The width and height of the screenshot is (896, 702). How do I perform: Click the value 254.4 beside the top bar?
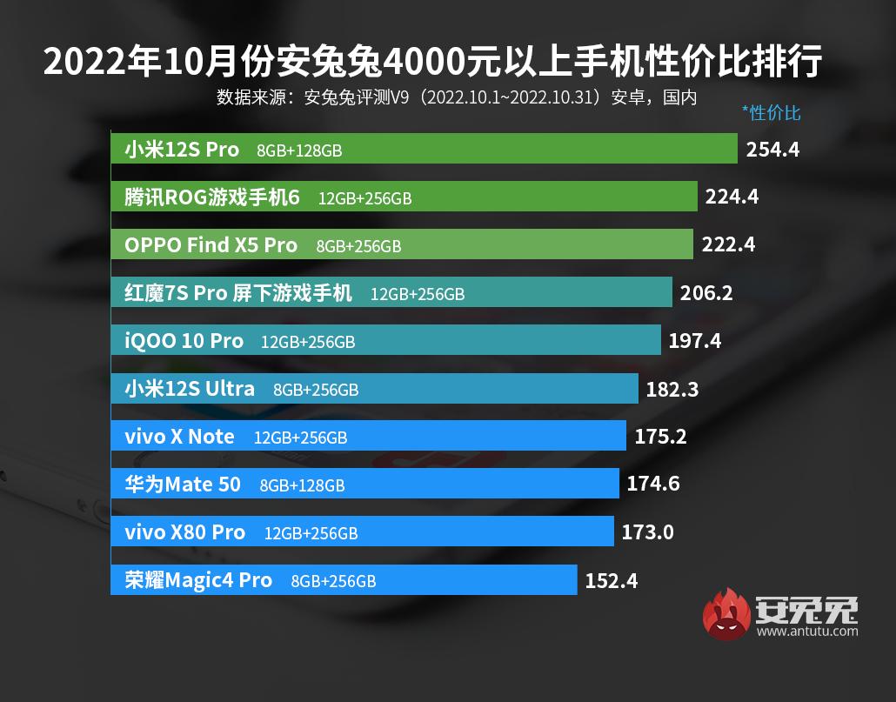point(772,149)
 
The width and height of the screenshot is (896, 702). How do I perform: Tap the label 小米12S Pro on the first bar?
point(182,150)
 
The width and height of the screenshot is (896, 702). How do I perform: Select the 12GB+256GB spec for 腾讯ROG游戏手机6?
point(364,198)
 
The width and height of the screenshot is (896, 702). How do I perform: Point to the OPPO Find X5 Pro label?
point(211,245)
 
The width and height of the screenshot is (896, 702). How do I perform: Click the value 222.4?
point(729,245)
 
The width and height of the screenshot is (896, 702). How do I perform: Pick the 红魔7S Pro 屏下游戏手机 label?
point(237,293)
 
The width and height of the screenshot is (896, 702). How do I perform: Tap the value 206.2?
point(706,293)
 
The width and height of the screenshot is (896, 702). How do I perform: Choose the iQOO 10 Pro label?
point(184,341)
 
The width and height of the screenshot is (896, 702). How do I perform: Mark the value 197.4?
point(695,341)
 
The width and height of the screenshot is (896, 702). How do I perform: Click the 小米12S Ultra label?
point(190,389)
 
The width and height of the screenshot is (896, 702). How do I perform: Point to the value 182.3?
point(672,390)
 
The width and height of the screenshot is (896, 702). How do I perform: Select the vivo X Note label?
point(179,437)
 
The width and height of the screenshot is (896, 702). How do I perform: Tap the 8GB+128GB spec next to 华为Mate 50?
point(302,485)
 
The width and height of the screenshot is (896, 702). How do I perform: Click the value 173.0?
point(647,532)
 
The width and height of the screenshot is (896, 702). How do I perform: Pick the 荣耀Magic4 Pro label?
point(198,580)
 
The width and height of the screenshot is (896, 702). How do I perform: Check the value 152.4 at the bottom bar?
point(611,580)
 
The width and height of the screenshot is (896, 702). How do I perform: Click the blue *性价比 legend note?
point(771,113)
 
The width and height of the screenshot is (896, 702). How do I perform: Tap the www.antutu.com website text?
point(807,632)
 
